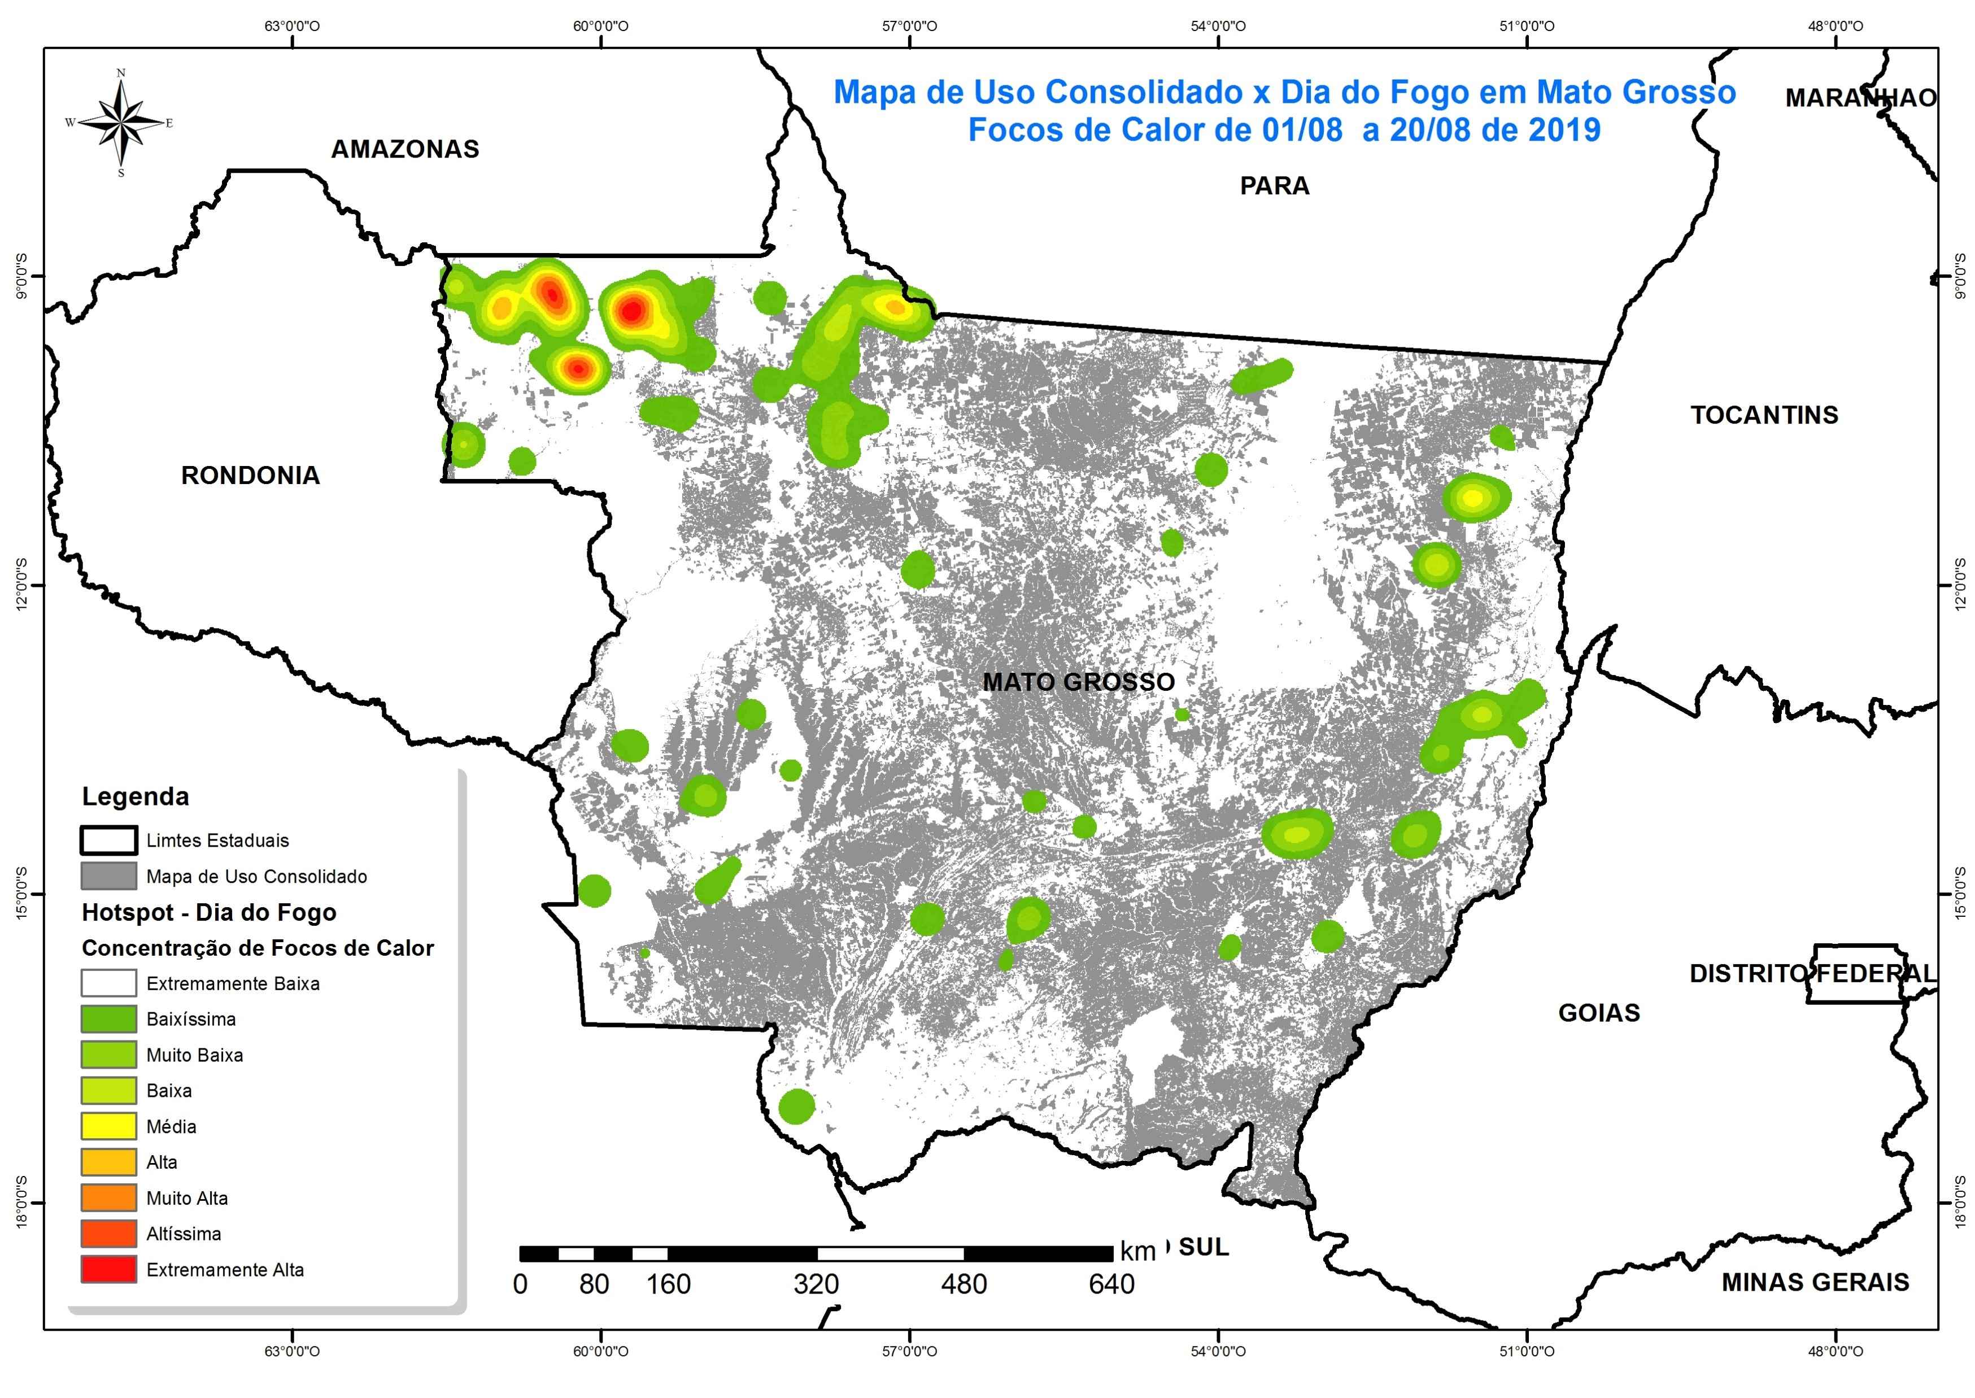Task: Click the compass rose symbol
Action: tap(120, 122)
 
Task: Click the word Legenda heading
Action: tap(135, 796)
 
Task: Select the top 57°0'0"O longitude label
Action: tap(910, 26)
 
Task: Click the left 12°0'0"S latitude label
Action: tap(21, 585)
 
